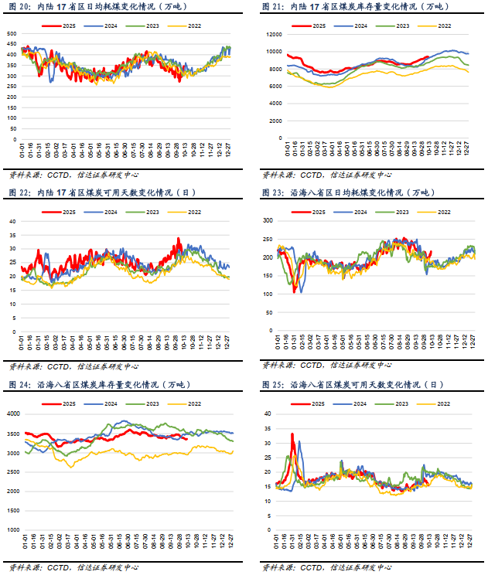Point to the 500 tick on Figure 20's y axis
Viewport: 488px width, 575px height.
tap(12, 35)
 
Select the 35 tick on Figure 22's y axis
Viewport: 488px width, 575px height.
tap(12, 235)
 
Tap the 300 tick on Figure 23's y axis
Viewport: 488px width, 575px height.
tap(268, 220)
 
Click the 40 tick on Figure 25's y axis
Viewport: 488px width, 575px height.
tap(267, 413)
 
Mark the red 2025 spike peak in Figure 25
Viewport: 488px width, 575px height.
tap(292, 434)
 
